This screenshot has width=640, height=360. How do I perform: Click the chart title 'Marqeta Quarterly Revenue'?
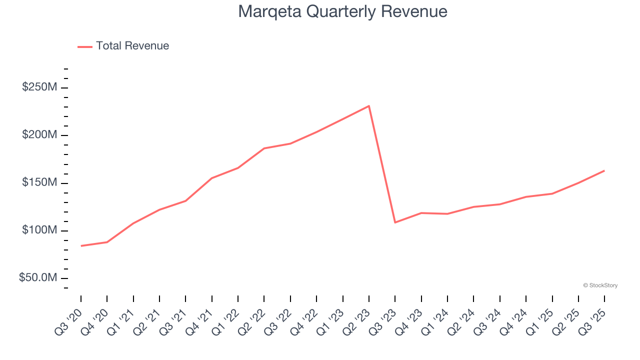click(x=342, y=11)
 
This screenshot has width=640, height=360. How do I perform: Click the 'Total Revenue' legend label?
click(x=132, y=46)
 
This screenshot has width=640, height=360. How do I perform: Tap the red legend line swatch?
click(x=85, y=46)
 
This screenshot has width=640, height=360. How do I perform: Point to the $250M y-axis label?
click(x=39, y=87)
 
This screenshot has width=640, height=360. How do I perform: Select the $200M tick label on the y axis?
click(x=39, y=135)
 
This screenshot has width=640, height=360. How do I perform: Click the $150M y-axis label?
click(x=39, y=183)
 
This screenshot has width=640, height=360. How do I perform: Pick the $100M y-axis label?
click(x=39, y=230)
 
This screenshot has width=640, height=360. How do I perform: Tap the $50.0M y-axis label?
click(x=37, y=278)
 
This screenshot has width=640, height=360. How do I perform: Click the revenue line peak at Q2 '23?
click(x=369, y=106)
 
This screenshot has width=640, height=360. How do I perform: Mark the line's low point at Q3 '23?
click(x=395, y=222)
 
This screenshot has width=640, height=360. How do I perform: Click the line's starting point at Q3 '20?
click(x=81, y=245)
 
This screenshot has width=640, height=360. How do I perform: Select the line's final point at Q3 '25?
click(x=604, y=170)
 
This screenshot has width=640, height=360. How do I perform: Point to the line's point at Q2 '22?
click(x=264, y=148)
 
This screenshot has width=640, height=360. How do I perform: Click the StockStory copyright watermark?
click(x=600, y=285)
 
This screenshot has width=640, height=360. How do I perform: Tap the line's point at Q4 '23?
click(x=421, y=213)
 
